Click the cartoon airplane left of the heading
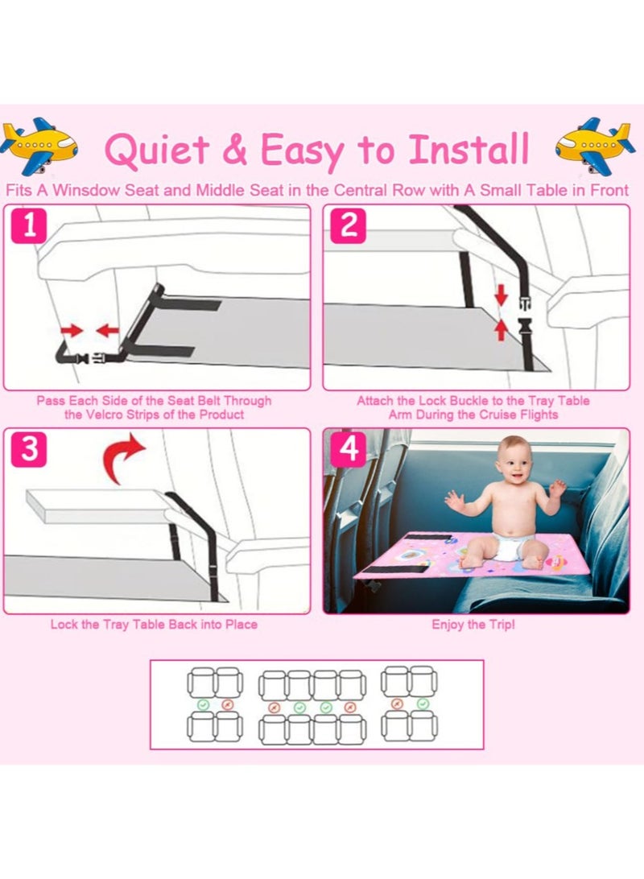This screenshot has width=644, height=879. click(38, 145)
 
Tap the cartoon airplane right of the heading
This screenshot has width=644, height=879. click(595, 146)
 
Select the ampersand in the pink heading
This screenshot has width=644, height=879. click(235, 149)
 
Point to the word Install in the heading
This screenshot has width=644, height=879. click(469, 149)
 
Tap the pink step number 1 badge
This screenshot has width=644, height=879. click(29, 226)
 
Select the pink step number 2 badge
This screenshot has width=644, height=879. click(348, 226)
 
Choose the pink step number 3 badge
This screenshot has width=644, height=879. click(29, 449)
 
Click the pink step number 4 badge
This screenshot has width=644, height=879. click(348, 449)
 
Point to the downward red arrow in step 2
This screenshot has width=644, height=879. click(501, 294)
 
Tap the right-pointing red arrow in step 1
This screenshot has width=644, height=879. click(72, 330)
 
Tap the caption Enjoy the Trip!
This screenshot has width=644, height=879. click(473, 625)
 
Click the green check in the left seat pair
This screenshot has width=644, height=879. click(203, 704)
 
